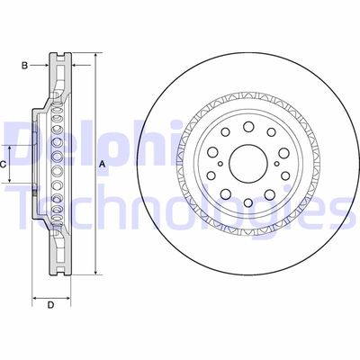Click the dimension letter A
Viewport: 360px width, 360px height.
click(103, 164)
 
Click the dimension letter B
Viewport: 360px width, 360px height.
click(24, 66)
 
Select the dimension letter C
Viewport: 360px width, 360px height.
click(3, 165)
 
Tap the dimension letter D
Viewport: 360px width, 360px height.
click(51, 305)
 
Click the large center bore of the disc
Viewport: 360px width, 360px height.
click(248, 164)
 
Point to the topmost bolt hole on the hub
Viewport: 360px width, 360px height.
click(248, 127)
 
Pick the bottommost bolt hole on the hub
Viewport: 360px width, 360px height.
click(248, 202)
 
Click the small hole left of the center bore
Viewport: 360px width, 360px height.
click(220, 164)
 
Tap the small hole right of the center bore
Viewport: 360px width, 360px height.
click(276, 164)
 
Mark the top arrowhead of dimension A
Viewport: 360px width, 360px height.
click(95, 56)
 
